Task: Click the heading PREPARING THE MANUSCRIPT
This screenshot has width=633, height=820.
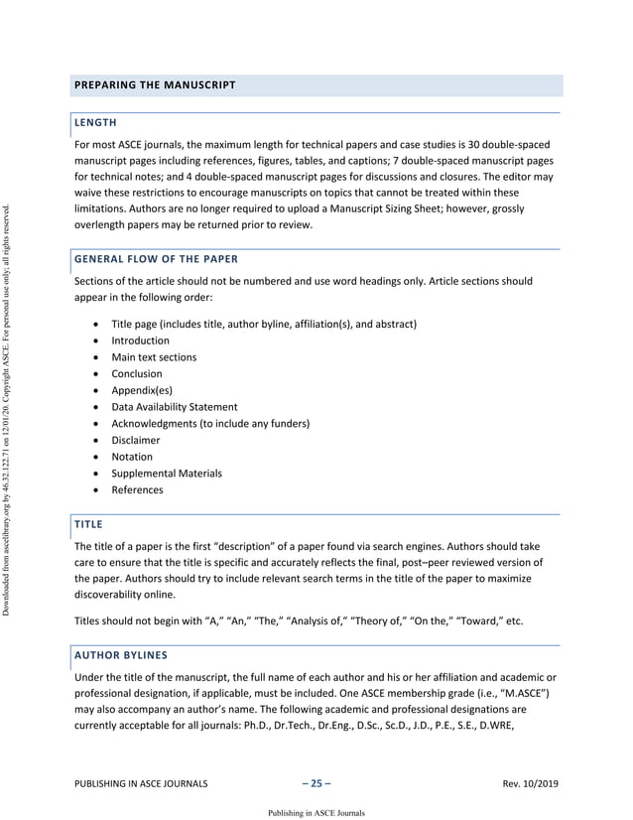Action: pyautogui.click(x=155, y=85)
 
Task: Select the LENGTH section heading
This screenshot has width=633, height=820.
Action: pyautogui.click(x=96, y=123)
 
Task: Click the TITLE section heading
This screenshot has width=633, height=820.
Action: pyautogui.click(x=89, y=523)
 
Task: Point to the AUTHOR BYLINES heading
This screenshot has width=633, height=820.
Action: pyautogui.click(x=121, y=656)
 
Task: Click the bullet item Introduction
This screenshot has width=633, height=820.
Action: pyautogui.click(x=140, y=341)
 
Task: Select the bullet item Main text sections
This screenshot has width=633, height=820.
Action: pyautogui.click(x=154, y=357)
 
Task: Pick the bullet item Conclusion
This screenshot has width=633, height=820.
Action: pyautogui.click(x=137, y=374)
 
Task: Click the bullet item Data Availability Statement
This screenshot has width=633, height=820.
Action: pyautogui.click(x=174, y=407)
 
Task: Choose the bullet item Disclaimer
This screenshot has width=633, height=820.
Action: pyautogui.click(x=136, y=440)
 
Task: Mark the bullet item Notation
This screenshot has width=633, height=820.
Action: pyautogui.click(x=132, y=457)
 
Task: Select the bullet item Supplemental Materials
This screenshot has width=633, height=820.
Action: pyautogui.click(x=166, y=474)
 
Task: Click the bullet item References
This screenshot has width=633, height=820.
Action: pyautogui.click(x=137, y=489)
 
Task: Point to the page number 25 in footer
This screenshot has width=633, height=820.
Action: pyautogui.click(x=316, y=784)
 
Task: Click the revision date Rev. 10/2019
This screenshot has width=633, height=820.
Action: pyautogui.click(x=531, y=785)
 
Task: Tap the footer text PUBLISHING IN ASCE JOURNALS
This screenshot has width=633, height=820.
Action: pyautogui.click(x=141, y=785)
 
